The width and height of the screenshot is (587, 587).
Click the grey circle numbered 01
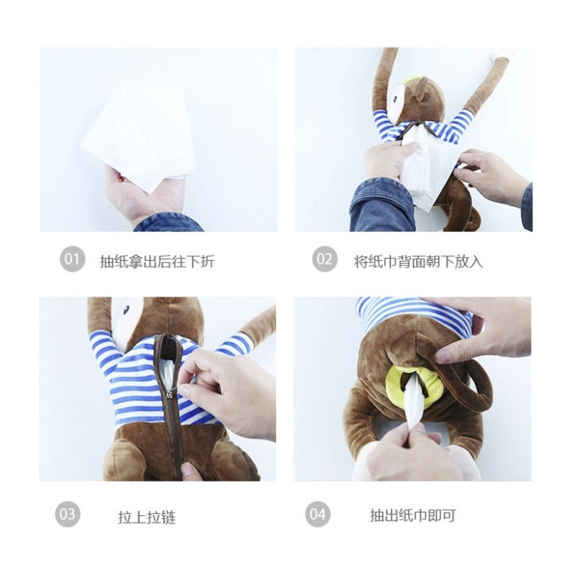click(73, 259)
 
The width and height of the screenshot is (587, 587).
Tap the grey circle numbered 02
click(325, 259)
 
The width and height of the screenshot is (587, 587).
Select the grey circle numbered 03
click(68, 514)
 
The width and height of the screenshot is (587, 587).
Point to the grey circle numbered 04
click(318, 514)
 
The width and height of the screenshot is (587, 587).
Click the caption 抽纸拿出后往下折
click(157, 261)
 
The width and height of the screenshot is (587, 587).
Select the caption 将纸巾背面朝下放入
click(419, 261)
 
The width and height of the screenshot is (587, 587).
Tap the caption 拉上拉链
click(147, 518)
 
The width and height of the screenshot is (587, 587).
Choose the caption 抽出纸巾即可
click(413, 515)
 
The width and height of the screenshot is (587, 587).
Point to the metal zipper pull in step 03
click(172, 393)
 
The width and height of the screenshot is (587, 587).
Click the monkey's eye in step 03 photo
click(126, 310)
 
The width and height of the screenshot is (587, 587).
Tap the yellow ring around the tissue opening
click(415, 384)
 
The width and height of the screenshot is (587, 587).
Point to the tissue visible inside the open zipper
click(166, 370)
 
